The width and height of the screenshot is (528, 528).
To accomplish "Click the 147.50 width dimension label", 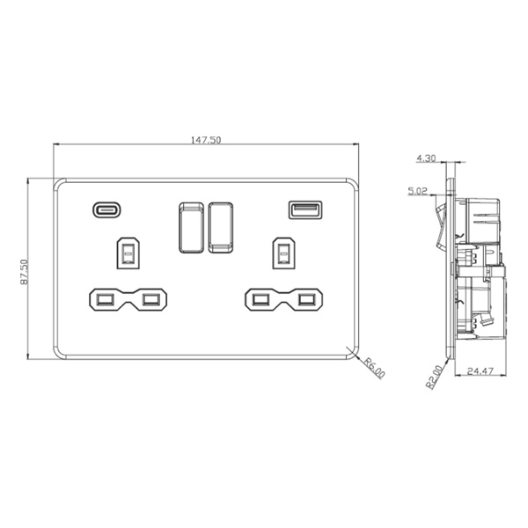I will point(208,141).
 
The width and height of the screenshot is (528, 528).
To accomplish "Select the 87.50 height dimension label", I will point(25,270).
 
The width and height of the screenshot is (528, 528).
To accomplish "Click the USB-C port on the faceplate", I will point(106,210).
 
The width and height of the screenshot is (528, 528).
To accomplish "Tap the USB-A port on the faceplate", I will point(304,210).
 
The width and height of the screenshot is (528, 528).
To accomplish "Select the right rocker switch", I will point(220,227).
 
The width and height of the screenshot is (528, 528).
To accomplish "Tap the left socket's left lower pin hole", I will point(103,301).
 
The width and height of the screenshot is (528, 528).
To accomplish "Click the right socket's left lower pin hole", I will point(260,301).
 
